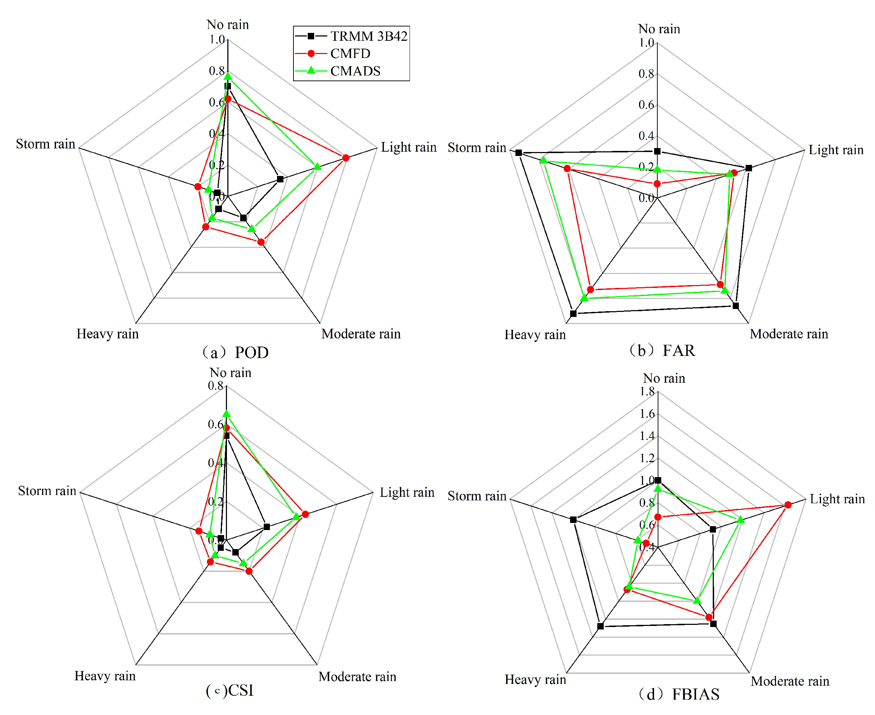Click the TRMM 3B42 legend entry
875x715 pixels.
[369, 36]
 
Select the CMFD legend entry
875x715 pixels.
[350, 54]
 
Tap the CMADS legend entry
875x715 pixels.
[355, 71]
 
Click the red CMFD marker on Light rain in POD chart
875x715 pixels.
[346, 158]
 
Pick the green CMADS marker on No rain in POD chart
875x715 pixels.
[228, 76]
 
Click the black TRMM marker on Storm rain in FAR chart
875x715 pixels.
[519, 153]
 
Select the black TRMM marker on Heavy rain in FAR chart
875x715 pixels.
[573, 313]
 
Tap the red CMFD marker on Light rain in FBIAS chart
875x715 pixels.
[788, 505]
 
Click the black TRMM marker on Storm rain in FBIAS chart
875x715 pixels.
[573, 520]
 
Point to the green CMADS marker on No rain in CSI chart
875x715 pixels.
[226, 414]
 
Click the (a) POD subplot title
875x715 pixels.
[236, 353]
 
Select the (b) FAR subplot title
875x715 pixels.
[662, 351]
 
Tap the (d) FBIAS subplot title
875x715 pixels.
[678, 694]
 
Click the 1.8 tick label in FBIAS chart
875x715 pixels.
[647, 391]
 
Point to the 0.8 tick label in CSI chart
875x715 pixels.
[215, 386]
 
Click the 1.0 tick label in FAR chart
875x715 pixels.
[646, 43]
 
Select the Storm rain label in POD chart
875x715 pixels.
[45, 144]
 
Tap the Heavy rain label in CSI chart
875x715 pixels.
[105, 676]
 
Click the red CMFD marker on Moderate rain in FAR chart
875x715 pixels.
[720, 285]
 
